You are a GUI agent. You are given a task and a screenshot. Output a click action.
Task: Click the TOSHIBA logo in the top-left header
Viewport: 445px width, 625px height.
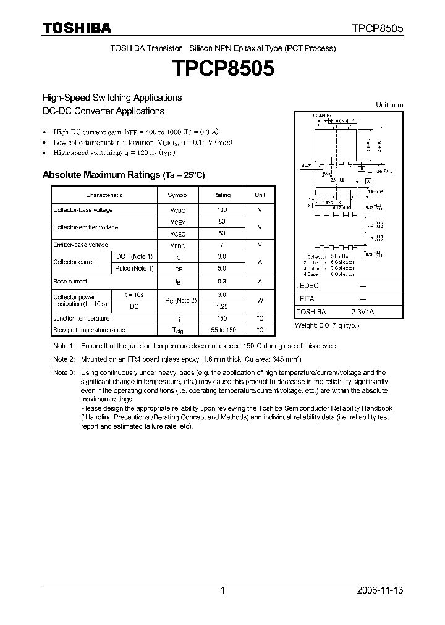click(x=77, y=28)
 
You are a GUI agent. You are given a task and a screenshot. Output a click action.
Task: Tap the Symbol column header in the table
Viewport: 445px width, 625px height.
click(x=177, y=195)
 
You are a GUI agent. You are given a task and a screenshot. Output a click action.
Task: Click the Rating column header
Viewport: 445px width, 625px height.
click(x=222, y=195)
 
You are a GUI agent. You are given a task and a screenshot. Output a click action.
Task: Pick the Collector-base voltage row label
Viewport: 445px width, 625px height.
click(x=83, y=210)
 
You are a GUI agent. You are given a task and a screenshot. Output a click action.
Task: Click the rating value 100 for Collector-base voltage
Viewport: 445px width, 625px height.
click(x=222, y=210)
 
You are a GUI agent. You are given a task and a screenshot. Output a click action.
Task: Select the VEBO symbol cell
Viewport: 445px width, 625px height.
click(x=177, y=245)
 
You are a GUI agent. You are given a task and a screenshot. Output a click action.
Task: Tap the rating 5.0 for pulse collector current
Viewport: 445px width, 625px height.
click(x=222, y=269)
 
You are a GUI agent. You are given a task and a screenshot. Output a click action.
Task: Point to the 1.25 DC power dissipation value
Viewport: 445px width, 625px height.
click(x=222, y=306)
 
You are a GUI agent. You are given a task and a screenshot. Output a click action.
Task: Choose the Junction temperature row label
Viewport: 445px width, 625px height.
click(x=81, y=318)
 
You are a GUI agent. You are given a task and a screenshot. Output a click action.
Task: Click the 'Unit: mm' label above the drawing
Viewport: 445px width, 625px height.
click(x=389, y=105)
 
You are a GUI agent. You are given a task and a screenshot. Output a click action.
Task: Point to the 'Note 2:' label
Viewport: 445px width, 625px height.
click(x=64, y=359)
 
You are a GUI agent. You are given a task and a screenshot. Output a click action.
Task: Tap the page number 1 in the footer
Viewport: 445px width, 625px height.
click(x=222, y=590)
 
